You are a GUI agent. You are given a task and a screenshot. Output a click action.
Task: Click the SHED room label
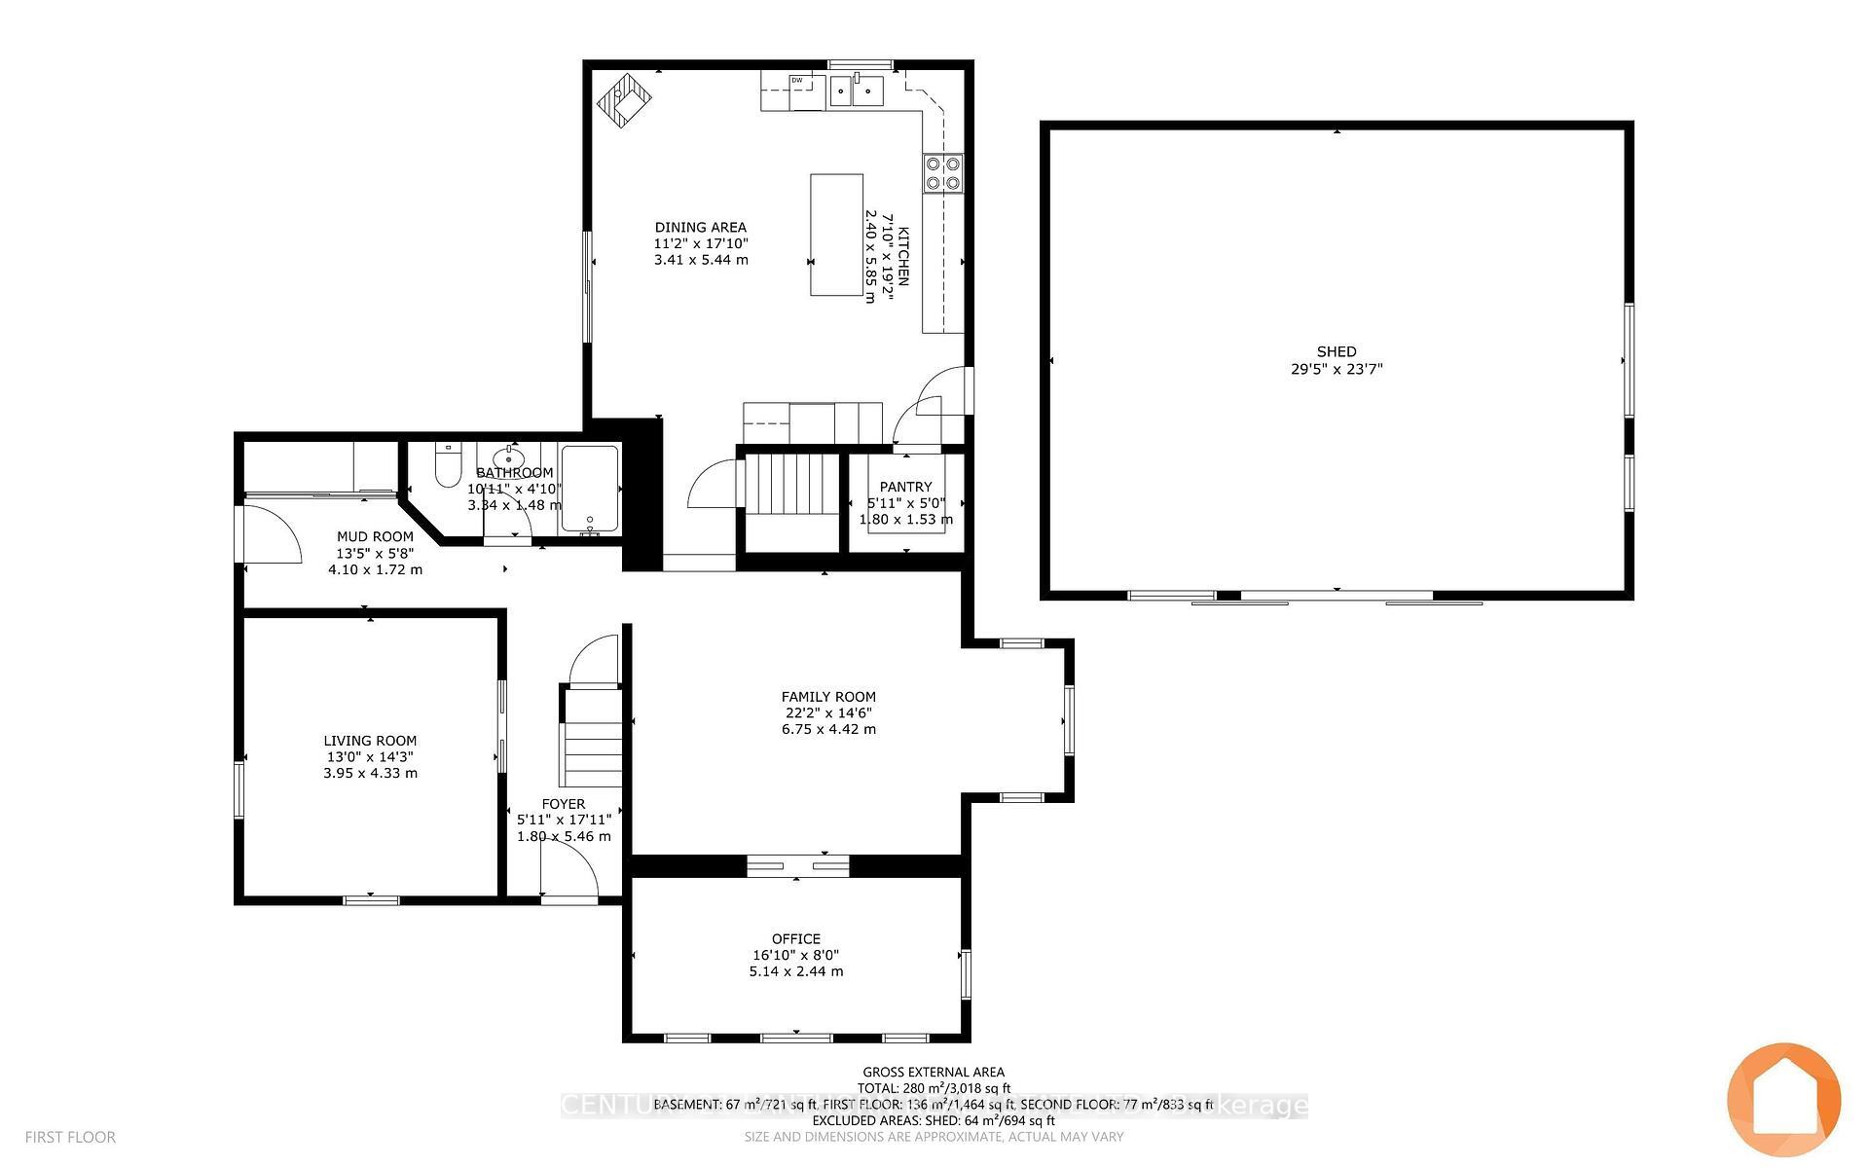pyautogui.click(x=1336, y=351)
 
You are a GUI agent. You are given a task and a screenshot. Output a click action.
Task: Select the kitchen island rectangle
pyautogui.click(x=836, y=235)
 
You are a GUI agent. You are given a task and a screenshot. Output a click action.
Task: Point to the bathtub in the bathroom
pyautogui.click(x=589, y=489)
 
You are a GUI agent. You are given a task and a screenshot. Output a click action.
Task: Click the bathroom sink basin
pyautogui.click(x=508, y=458)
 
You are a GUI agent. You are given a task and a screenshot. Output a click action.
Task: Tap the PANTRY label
pyautogui.click(x=905, y=487)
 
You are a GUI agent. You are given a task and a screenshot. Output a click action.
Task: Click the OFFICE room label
pyautogui.click(x=795, y=939)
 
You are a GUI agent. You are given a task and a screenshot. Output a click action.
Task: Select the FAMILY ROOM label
pyautogui.click(x=828, y=697)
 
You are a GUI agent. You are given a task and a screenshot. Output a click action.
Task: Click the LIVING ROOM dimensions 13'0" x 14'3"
pyautogui.click(x=370, y=756)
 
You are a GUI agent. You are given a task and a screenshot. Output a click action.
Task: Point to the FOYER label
pyautogui.click(x=564, y=804)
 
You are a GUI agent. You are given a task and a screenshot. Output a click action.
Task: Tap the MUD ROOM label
pyautogui.click(x=375, y=536)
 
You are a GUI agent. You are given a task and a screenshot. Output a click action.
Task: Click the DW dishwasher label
pyautogui.click(x=796, y=80)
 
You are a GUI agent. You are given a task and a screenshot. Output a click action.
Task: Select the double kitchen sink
pyautogui.click(x=855, y=91)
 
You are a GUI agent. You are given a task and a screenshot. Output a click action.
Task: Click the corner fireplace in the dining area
pyautogui.click(x=624, y=99)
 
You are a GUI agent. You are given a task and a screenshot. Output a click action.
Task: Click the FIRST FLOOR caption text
pyautogui.click(x=70, y=1137)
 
